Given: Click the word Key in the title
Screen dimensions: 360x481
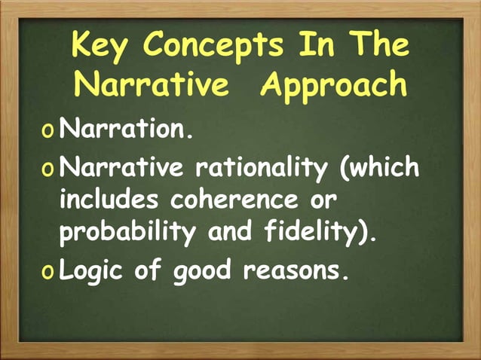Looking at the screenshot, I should tap(100, 47).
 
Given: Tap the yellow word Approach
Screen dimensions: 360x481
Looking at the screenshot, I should tap(334, 85).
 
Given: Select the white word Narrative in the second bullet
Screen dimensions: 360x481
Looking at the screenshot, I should tap(121, 166).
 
